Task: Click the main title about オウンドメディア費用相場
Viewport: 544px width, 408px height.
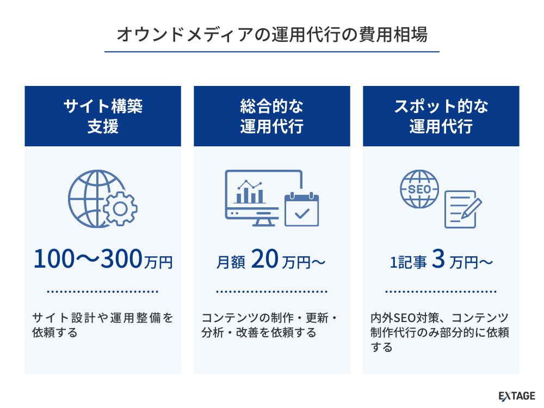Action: coord(272,34)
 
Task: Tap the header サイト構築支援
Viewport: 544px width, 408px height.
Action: coord(103,116)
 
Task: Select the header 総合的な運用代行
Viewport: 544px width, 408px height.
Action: coord(271,116)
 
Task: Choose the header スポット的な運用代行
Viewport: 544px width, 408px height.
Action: coord(441,116)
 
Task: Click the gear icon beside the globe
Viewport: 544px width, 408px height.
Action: coord(120,208)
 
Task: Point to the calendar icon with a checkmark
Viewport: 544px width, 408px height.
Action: coord(301,209)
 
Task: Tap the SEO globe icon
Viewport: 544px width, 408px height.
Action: coord(419,189)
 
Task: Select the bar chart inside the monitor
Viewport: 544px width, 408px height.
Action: coord(250,192)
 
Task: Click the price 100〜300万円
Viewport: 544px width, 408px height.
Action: coord(103,259)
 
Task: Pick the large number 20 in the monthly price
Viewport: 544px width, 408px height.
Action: coord(264,259)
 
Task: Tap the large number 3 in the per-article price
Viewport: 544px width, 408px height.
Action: coord(438,259)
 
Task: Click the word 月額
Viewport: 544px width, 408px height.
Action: coord(230,262)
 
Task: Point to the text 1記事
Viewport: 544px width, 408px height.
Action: coord(408,262)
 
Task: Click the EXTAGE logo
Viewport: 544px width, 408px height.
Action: coord(517,396)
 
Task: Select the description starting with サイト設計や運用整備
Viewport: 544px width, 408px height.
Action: coord(103,325)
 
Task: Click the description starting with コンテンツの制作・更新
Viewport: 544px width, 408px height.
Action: coord(270,325)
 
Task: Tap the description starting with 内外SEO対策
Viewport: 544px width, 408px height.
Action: coord(440,332)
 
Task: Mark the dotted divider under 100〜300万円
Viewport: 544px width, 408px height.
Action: coord(103,292)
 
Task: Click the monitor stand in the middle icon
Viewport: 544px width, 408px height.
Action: coord(263,222)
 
